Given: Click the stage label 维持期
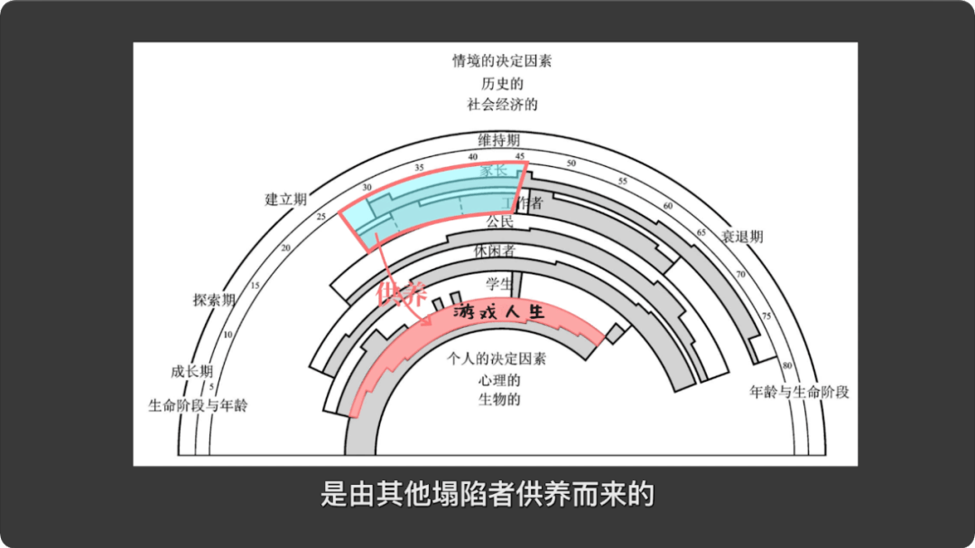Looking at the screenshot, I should pos(499,140).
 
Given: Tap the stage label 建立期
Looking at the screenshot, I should pos(285,200).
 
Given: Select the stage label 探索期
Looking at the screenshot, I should pos(214,300).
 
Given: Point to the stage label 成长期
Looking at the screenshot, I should pos(191,371).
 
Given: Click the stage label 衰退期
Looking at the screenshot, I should pos(742,237).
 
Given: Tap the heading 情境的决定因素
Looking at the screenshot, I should pos(502,62).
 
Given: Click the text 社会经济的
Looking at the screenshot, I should pos(502,104).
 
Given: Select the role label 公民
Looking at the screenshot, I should pos(500,221).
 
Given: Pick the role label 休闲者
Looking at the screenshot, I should pos(495,250).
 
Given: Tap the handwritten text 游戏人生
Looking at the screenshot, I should pos(500,313).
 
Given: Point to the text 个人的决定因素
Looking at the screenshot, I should pos(497,358).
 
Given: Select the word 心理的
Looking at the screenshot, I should pos(499,379).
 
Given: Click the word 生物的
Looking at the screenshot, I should pos(499,400).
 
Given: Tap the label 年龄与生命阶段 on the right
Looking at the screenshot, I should pos(800,392).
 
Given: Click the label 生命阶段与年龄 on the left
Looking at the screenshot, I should pos(198,405).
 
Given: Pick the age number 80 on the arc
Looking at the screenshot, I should pos(787,365).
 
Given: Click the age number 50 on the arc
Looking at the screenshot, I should pos(571,163).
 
